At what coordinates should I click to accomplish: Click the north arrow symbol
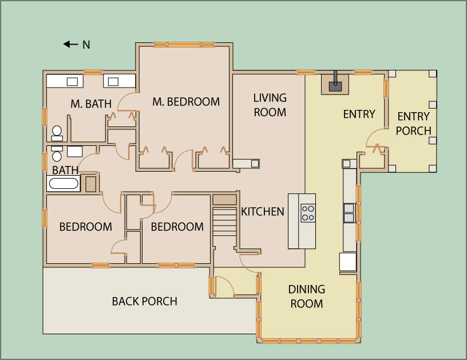(x=70, y=45)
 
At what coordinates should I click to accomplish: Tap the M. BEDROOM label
(x=186, y=102)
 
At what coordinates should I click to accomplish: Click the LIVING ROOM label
(x=270, y=105)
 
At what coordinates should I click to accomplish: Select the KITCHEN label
(x=262, y=212)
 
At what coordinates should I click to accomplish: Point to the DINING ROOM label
(x=307, y=296)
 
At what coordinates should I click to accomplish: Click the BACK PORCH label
(x=144, y=302)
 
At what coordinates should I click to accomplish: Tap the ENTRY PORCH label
(x=413, y=124)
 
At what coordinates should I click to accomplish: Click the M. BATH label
(x=91, y=104)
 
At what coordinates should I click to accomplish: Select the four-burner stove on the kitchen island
(x=308, y=213)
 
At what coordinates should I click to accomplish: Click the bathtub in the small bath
(x=64, y=183)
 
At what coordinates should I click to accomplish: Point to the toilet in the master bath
(x=57, y=133)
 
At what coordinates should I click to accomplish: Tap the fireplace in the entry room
(x=335, y=84)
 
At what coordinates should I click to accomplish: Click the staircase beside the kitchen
(x=224, y=222)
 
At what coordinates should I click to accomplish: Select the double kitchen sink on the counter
(x=349, y=213)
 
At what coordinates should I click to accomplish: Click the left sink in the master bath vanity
(x=72, y=82)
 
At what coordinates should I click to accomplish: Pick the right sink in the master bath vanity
(x=113, y=82)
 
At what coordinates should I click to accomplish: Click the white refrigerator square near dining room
(x=348, y=262)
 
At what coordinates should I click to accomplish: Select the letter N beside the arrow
(x=86, y=45)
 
